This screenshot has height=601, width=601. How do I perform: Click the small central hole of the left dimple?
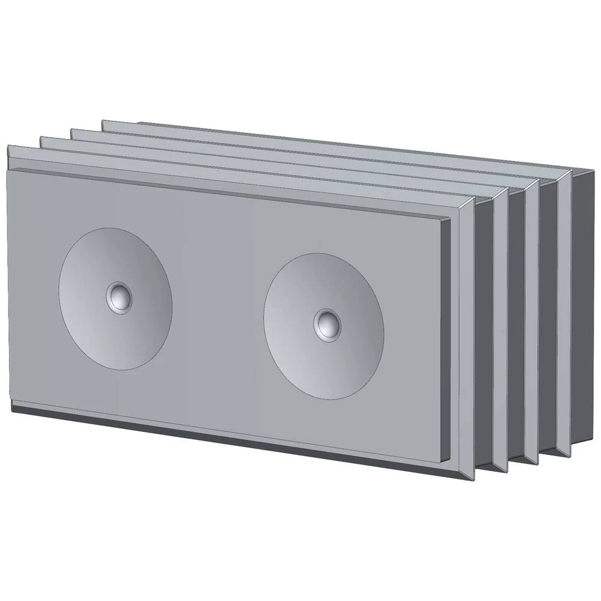119,296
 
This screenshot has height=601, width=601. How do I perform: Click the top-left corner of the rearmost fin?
103,121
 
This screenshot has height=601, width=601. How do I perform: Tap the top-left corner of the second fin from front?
41,137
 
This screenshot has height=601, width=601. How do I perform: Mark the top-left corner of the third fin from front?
72,129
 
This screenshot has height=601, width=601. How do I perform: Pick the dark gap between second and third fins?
517,325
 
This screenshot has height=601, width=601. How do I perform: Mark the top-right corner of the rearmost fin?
570,171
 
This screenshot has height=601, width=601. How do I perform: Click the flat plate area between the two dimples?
216,313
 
